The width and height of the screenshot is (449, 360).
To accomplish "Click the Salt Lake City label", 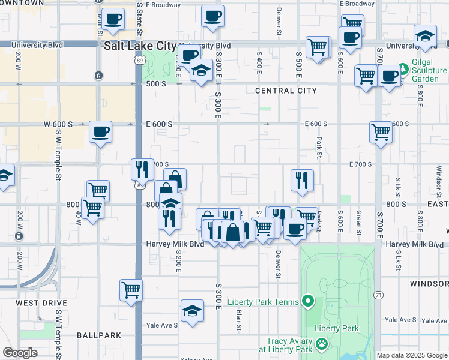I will point(140,46).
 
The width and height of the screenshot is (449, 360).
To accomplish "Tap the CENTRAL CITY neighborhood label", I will point(285,91).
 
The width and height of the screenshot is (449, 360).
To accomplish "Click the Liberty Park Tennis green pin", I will point(308,301).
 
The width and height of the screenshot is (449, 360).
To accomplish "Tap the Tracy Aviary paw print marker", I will point(322,344).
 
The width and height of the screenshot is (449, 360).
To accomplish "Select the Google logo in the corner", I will point(20,353).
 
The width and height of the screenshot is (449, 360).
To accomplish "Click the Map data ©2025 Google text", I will point(412,355).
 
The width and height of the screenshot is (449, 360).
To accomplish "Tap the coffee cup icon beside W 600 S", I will point(100,131).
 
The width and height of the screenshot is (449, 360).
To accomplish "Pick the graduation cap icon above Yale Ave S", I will point(191,311).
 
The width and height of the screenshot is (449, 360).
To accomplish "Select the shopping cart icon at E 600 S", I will point(381,132).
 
